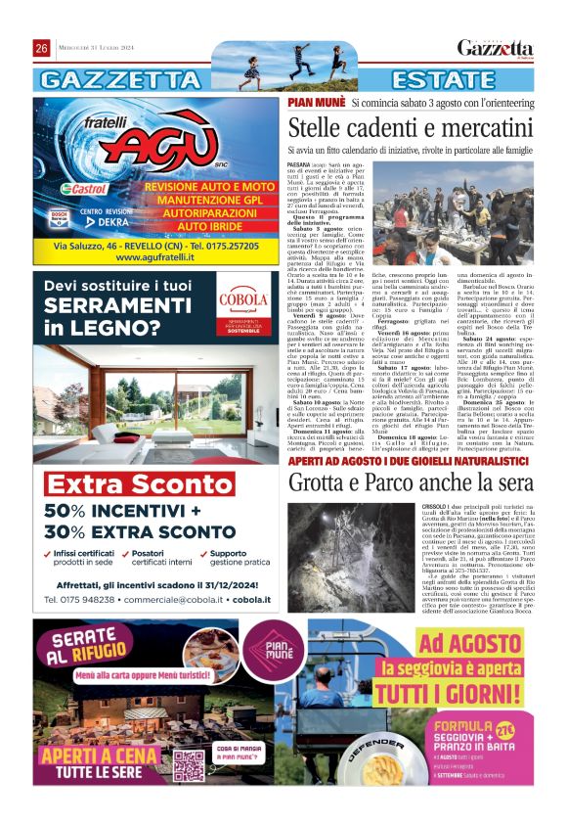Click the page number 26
(42, 49)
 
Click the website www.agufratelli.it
(156, 257)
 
